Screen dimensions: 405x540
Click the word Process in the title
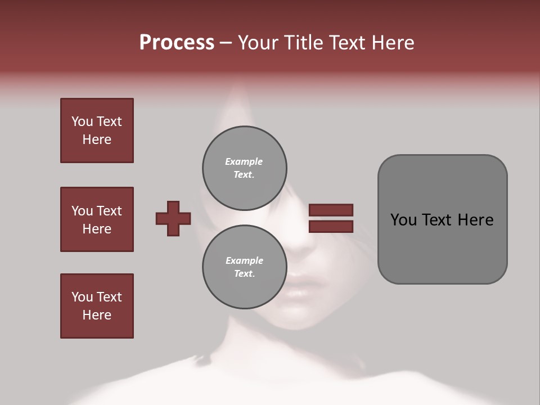click(177, 43)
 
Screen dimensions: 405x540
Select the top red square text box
click(97, 130)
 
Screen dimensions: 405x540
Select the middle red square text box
click(97, 219)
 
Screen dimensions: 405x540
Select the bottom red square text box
click(97, 306)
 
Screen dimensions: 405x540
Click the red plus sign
click(173, 218)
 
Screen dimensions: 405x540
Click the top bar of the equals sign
click(331, 210)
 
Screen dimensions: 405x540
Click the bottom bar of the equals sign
click(331, 226)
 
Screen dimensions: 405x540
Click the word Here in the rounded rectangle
click(475, 220)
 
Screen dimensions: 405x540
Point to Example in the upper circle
click(244, 161)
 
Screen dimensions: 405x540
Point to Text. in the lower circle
click(244, 274)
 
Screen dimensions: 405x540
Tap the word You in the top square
click(82, 121)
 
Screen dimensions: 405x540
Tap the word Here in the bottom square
click(97, 315)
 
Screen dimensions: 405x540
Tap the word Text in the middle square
click(109, 211)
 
